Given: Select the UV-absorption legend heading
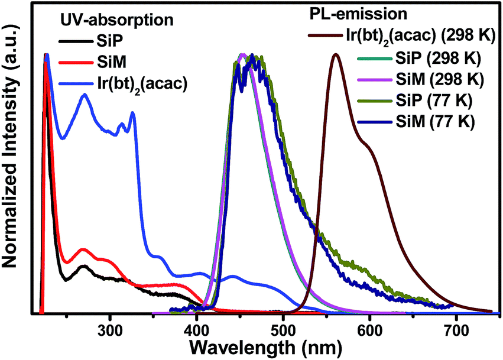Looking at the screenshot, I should pyautogui.click(x=118, y=19).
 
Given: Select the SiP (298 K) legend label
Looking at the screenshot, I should pyautogui.click(x=437, y=58).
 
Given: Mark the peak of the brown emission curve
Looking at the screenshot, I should pyautogui.click(x=336, y=54).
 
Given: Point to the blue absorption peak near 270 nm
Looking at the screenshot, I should pyautogui.click(x=85, y=94).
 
